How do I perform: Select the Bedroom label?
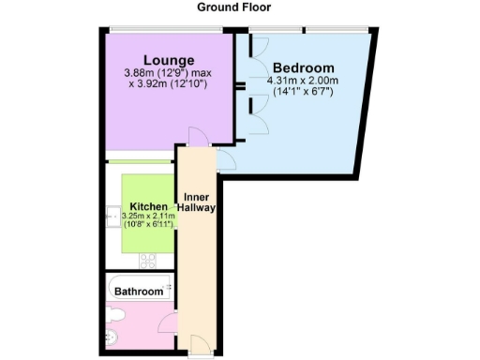click(303, 68)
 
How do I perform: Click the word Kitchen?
click(149, 206)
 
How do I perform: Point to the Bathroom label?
click(139, 292)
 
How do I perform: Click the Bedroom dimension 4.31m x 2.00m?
click(303, 82)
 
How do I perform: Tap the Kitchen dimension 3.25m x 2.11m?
click(148, 217)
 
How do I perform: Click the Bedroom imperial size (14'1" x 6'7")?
click(303, 93)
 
